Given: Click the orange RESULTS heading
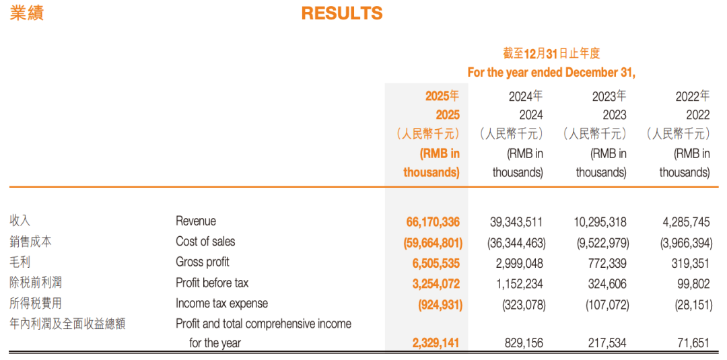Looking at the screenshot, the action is (342, 13).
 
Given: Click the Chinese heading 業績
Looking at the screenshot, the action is (26, 13).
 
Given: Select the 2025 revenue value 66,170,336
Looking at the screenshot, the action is (433, 222).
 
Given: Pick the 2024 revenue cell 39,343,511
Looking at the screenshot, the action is (516, 222).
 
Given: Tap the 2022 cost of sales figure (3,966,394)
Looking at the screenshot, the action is (685, 242).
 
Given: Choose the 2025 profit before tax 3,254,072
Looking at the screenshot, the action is (436, 283).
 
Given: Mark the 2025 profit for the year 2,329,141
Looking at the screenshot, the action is (436, 344).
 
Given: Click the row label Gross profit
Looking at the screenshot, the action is (202, 262).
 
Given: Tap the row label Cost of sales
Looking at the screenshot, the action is (205, 242).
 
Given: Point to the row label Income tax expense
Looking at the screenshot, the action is (221, 304).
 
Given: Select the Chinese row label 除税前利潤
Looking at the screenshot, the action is (35, 283).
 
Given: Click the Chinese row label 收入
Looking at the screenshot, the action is (20, 221).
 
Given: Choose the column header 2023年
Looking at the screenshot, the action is (609, 96).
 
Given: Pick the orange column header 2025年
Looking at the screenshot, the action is (442, 96).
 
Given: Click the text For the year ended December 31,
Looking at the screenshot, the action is (551, 73).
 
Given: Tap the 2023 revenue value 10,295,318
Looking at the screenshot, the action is (600, 222).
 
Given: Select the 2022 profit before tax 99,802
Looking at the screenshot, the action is (692, 283).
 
